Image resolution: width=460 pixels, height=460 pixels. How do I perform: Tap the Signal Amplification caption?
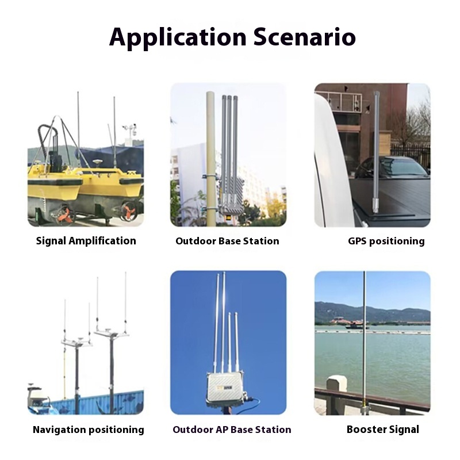pyautogui.click(x=86, y=241)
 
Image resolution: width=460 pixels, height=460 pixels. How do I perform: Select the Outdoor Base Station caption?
pyautogui.click(x=227, y=241)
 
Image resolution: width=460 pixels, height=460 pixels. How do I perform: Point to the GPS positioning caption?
pyautogui.click(x=386, y=241)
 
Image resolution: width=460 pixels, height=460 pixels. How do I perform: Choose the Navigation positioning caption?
pyautogui.click(x=89, y=430)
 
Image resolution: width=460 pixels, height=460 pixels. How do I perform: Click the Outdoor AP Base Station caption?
pyautogui.click(x=232, y=430)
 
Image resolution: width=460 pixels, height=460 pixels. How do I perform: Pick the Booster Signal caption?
pyautogui.click(x=383, y=430)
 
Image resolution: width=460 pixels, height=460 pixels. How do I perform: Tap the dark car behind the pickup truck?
pyautogui.click(x=391, y=167)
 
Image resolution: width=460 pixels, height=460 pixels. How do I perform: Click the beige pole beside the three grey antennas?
pyautogui.click(x=210, y=155)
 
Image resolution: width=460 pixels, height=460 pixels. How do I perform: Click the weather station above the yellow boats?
pyautogui.click(x=130, y=131)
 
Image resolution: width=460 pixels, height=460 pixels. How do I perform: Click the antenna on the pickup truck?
pyautogui.click(x=376, y=152)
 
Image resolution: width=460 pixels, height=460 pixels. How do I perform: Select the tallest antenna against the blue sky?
pyautogui.click(x=223, y=322)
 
